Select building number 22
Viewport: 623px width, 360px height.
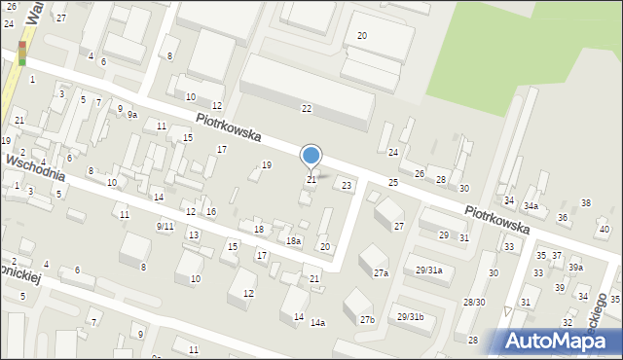tap(307, 108)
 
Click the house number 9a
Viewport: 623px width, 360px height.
tap(131, 115)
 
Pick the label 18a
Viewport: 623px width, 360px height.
tap(293, 240)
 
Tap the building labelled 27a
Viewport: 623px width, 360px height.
tap(381, 273)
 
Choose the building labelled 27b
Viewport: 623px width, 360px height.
tap(367, 319)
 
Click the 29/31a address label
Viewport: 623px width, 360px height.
tap(429, 270)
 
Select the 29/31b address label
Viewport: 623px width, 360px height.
tap(418, 318)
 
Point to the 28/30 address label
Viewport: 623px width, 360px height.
tap(474, 303)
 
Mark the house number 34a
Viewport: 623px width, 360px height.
tap(531, 206)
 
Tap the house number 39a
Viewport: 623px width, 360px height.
tap(576, 268)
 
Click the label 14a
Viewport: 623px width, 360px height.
tap(317, 322)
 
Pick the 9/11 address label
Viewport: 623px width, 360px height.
tap(165, 226)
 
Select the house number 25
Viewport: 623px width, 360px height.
tap(393, 183)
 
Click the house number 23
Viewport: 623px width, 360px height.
tap(346, 185)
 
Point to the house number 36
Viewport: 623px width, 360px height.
tap(562, 217)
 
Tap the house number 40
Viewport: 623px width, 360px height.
tap(605, 230)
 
